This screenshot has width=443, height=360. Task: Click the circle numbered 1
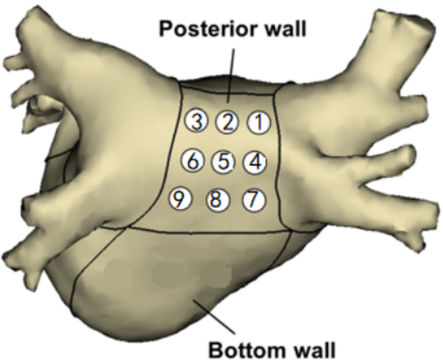click(258, 122)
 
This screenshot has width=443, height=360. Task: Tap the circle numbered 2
click(227, 122)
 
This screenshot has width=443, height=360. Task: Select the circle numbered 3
click(196, 121)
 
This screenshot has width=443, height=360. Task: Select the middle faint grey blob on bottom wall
click(166, 271)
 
